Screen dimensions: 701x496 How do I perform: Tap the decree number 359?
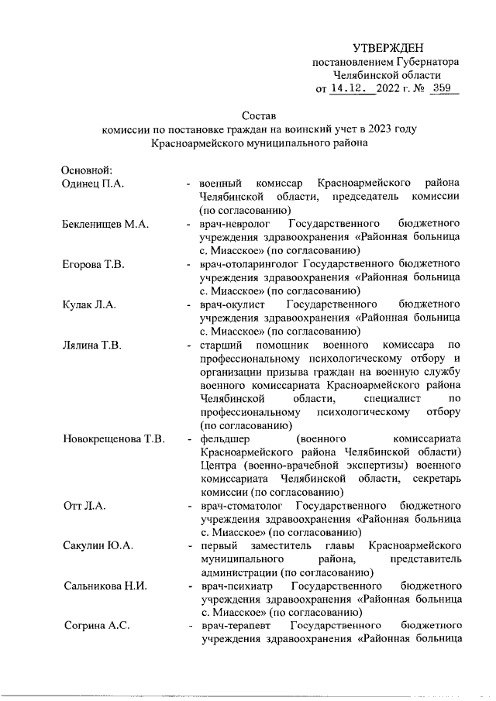click(x=443, y=88)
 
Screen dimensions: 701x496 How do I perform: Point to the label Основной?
click(x=88, y=169)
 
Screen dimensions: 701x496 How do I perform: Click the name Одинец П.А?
click(x=94, y=183)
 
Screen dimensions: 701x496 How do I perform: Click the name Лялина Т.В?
click(x=92, y=345)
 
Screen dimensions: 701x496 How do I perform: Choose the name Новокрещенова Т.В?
click(x=113, y=440)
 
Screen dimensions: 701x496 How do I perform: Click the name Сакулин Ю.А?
click(x=98, y=546)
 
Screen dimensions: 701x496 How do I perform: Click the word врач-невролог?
click(x=234, y=225)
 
